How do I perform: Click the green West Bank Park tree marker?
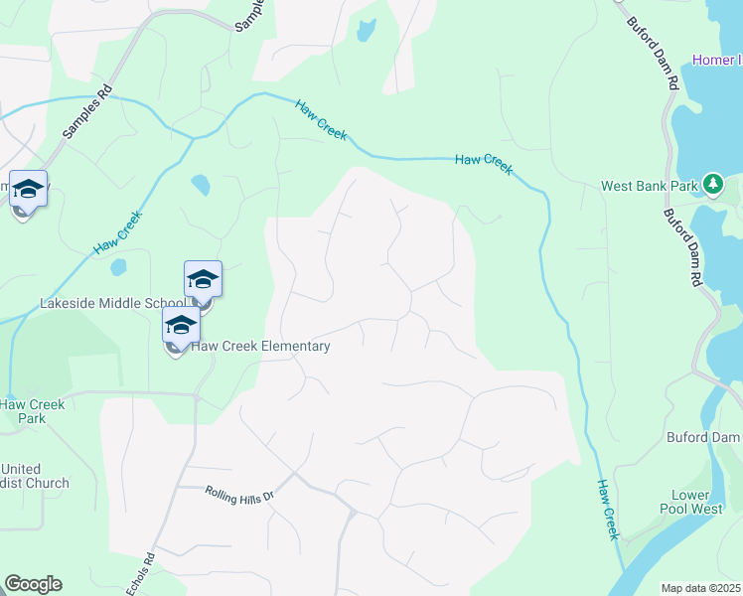point(712,184)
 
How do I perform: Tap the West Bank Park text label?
point(650,186)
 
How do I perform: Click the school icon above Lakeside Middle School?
point(203,279)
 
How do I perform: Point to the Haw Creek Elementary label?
point(260,346)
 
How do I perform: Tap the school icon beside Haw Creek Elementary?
point(181,326)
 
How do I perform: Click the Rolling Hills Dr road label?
point(238,494)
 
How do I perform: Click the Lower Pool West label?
point(690,502)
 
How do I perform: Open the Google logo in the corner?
point(33,584)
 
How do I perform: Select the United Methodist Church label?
point(35,476)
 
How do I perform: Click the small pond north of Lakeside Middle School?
point(201,185)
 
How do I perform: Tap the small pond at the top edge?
point(366,31)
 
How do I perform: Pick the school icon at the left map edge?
point(28,189)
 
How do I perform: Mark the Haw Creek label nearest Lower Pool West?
point(607,510)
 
